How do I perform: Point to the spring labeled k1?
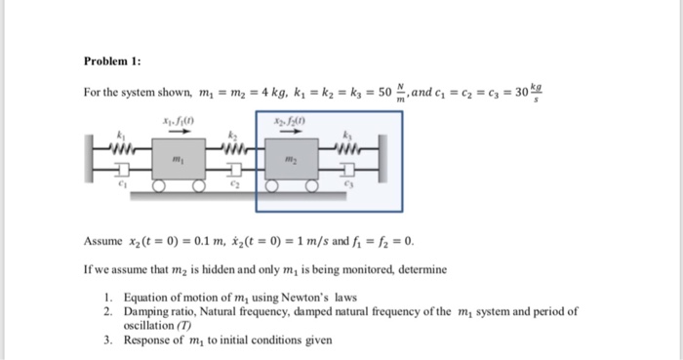click(x=123, y=149)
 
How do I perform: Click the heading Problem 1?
click(x=112, y=60)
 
